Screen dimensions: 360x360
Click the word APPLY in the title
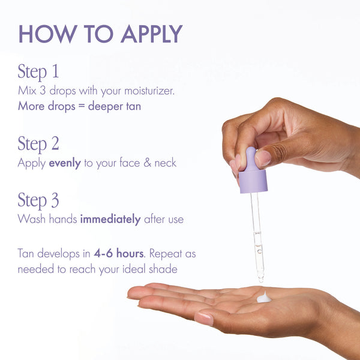click(151, 34)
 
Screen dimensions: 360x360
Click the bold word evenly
click(65, 163)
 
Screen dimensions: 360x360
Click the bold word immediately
click(111, 219)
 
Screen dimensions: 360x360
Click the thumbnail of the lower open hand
click(204, 319)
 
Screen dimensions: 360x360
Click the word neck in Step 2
click(163, 163)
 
